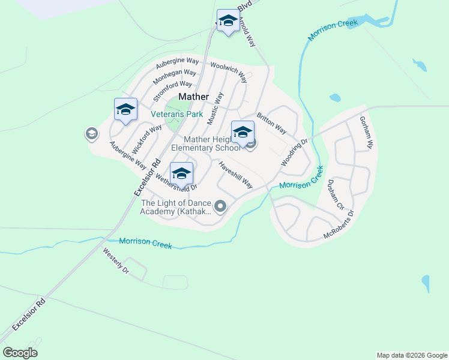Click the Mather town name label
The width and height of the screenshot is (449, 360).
pyautogui.click(x=194, y=97)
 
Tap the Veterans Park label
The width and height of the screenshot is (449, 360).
pyautogui.click(x=176, y=114)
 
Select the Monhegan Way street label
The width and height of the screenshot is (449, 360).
pyautogui.click(x=175, y=76)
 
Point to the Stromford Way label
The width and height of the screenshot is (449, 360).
pyautogui.click(x=172, y=92)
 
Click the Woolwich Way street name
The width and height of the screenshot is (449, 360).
pyautogui.click(x=229, y=71)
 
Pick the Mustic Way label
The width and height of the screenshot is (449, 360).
pyautogui.click(x=215, y=109)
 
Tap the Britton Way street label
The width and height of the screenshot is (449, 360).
pyautogui.click(x=271, y=123)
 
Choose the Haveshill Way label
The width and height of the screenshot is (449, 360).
pyautogui.click(x=235, y=175)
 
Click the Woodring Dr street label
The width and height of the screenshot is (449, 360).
pyautogui.click(x=294, y=153)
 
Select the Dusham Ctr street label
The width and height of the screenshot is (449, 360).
pyautogui.click(x=335, y=194)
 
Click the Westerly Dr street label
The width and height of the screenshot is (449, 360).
pyautogui.click(x=116, y=261)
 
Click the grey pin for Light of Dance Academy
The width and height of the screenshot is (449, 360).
pyautogui.click(x=220, y=207)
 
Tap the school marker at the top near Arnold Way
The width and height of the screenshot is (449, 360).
pyautogui.click(x=228, y=22)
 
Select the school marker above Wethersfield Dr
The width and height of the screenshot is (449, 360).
pyautogui.click(x=181, y=174)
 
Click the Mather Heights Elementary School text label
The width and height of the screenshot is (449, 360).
pyautogui.click(x=205, y=143)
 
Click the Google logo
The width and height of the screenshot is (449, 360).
pyautogui.click(x=20, y=353)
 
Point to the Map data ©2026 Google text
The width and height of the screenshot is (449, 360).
pyautogui.click(x=411, y=355)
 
